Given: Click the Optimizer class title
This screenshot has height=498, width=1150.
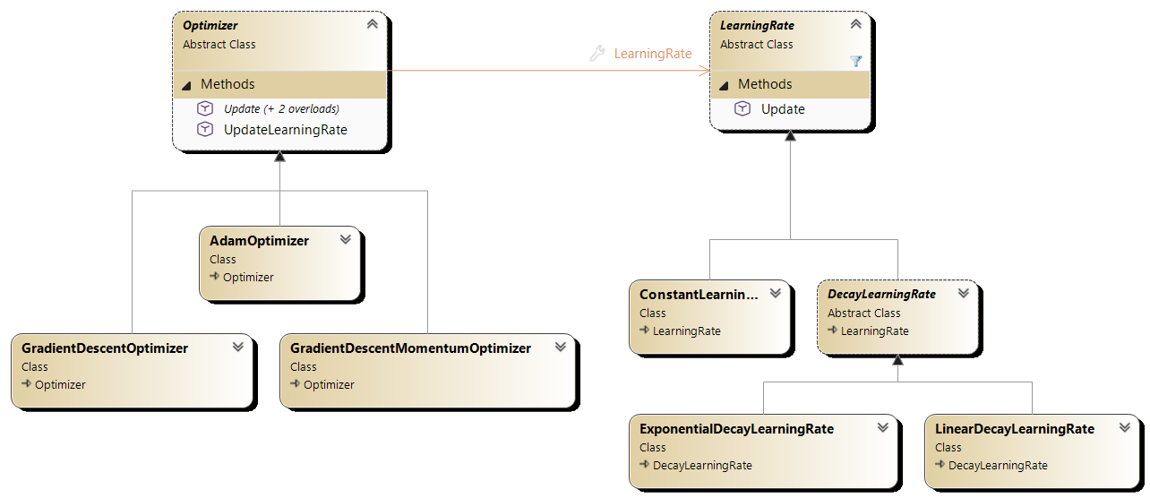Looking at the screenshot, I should tap(210, 26).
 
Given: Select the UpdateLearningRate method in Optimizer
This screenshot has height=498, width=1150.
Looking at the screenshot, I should tap(285, 130).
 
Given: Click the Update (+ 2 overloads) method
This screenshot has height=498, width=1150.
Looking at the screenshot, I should tap(281, 108).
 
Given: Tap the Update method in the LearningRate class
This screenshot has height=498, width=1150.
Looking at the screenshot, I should tap(783, 109).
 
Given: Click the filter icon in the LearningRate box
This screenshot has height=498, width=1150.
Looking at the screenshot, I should tap(855, 61).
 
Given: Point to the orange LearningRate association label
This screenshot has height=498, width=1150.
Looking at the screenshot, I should tap(653, 54).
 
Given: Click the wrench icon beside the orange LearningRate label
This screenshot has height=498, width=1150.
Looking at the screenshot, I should tap(597, 54).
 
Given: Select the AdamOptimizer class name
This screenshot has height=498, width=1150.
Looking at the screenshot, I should tap(259, 241).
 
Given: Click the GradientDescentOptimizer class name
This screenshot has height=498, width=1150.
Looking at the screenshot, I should tap(105, 348).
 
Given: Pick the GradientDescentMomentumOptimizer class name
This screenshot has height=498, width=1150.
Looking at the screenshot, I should tap(410, 348).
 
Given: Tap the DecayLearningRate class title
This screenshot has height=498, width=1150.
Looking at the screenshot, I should tap(881, 294).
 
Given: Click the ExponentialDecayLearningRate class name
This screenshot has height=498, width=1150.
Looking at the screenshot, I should tap(736, 429).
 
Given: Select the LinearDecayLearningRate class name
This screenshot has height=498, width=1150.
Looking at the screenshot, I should tap(1015, 429).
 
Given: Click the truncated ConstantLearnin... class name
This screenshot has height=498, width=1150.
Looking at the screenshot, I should tap(699, 294).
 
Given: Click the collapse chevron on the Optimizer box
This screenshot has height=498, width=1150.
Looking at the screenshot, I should tap(372, 24).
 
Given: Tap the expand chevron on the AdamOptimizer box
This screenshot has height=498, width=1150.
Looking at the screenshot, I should tap(346, 239).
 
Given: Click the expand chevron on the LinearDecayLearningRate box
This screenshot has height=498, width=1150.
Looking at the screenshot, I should tap(1125, 427).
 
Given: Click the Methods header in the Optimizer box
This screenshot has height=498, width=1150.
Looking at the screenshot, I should tap(227, 84).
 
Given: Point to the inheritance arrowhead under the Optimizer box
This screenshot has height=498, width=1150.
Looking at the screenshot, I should tap(279, 156).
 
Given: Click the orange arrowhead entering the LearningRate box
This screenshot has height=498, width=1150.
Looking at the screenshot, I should tap(705, 70).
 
